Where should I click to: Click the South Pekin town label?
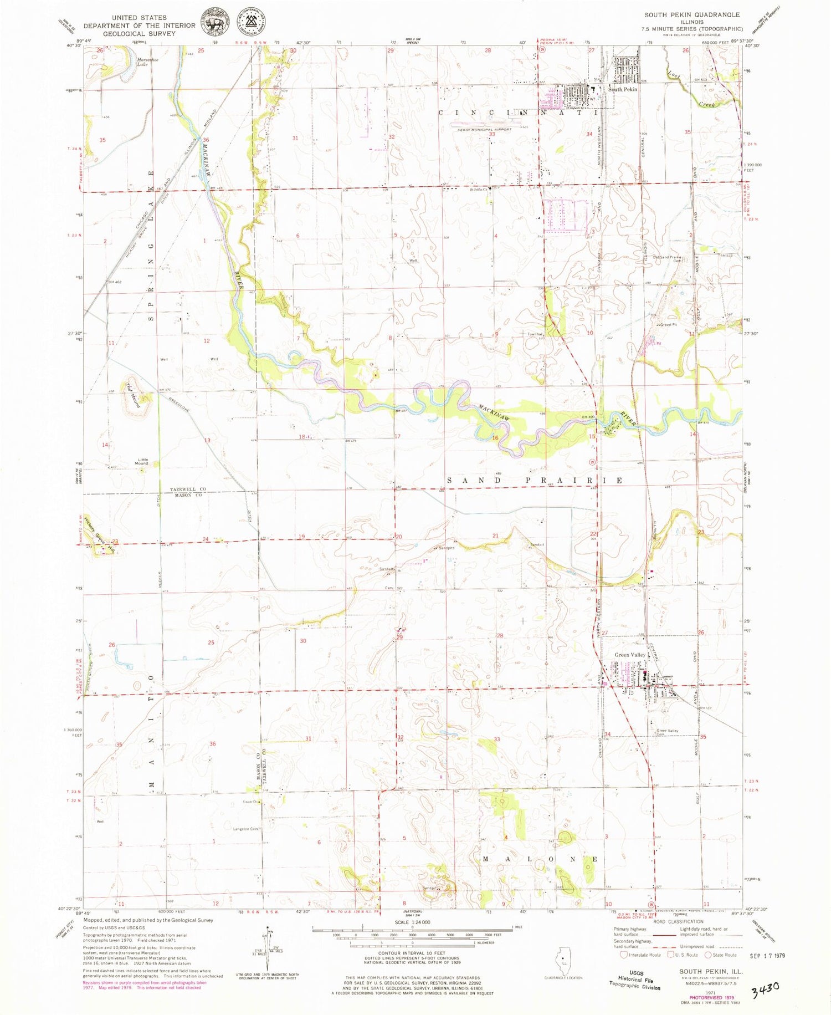(x=623, y=89)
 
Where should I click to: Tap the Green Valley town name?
(x=630, y=655)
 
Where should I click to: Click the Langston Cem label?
(x=247, y=829)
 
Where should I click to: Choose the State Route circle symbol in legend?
(x=707, y=955)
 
